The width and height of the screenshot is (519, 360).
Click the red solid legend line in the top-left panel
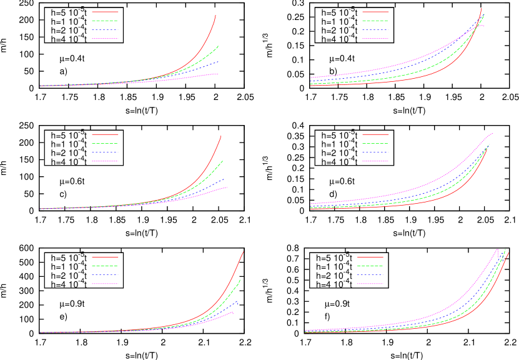point(105,12)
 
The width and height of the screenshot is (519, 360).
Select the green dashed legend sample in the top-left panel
point(105,21)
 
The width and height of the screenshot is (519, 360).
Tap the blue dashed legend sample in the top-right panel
point(375,29)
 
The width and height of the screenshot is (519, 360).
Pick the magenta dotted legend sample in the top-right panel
point(375,38)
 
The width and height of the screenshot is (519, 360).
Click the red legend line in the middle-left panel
point(105,134)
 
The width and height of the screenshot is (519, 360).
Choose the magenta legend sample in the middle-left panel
point(105,161)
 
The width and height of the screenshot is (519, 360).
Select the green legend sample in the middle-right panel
point(375,143)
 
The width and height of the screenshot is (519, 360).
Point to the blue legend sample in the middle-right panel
point(375,152)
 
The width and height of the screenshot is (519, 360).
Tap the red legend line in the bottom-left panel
point(105,257)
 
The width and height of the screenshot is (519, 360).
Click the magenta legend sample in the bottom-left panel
point(105,284)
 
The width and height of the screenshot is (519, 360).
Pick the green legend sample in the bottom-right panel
point(370,266)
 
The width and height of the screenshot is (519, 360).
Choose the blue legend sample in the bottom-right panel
point(370,274)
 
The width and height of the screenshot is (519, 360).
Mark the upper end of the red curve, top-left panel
point(215,15)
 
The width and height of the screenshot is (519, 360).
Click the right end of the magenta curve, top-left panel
point(219,74)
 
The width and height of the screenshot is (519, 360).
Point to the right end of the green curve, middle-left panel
point(223,161)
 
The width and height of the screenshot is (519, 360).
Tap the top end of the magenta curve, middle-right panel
point(493,133)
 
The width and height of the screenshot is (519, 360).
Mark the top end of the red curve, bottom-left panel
point(243,252)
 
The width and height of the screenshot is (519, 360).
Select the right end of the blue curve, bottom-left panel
point(237,302)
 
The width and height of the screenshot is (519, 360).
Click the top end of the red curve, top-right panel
point(482,7)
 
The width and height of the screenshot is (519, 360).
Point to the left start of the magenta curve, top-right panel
point(311,77)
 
